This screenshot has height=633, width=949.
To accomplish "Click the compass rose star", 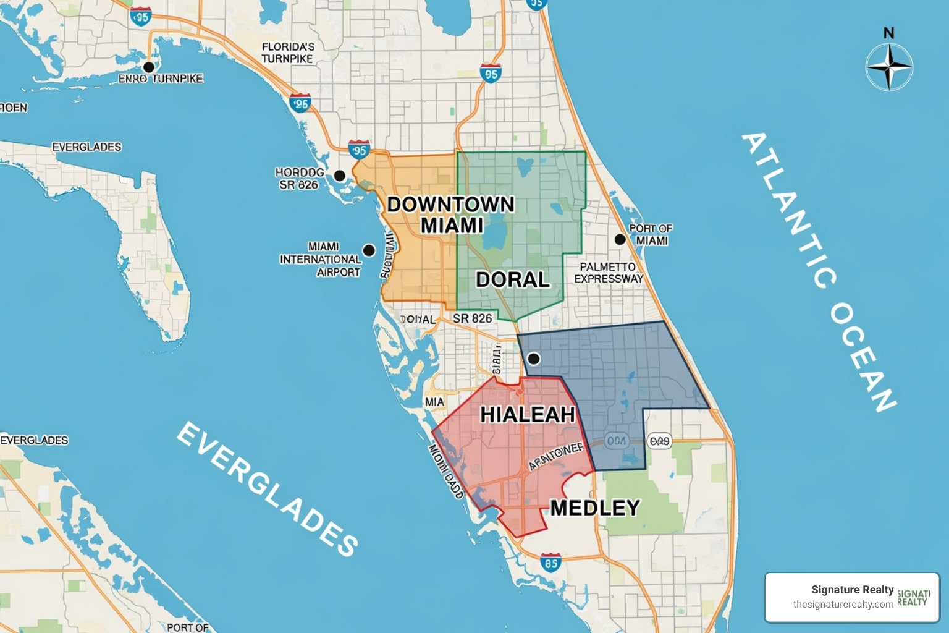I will [x=888, y=67].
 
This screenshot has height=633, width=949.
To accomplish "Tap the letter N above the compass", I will [x=888, y=33].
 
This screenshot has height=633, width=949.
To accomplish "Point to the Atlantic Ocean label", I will [x=819, y=272].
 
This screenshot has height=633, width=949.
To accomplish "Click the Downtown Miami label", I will [x=451, y=215].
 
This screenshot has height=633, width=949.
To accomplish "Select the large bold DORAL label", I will [x=513, y=279].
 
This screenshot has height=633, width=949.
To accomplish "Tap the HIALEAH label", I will [x=528, y=414].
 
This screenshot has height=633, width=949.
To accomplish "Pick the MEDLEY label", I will [x=594, y=508].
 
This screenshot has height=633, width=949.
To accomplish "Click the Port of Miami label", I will [x=651, y=234].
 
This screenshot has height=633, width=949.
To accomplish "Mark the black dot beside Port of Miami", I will [x=620, y=239].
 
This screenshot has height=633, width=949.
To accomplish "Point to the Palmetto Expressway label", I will [x=609, y=273].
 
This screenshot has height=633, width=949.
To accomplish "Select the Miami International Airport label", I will [x=321, y=260].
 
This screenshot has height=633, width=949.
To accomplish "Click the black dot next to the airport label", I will [x=369, y=250].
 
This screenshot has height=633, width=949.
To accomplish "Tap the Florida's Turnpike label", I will [x=287, y=53].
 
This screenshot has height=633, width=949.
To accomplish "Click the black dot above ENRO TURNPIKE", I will [x=148, y=67].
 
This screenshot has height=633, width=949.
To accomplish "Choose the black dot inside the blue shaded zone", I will [x=534, y=359].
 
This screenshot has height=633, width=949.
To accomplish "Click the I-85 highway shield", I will [x=550, y=563].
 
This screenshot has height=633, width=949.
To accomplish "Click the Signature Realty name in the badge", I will [x=852, y=590].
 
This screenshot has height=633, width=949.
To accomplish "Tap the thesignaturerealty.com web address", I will [x=843, y=605].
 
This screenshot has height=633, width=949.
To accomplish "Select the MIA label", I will [x=434, y=402].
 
